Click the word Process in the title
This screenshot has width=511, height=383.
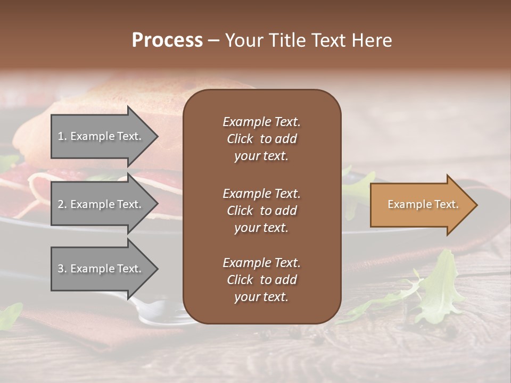[167, 40]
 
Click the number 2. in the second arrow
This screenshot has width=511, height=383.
[62, 204]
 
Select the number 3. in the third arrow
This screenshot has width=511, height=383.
[62, 269]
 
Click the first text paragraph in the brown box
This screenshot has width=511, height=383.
[261, 139]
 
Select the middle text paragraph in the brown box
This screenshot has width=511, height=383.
[261, 211]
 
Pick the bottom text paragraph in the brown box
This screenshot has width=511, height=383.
[261, 280]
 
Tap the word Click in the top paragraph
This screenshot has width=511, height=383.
[240, 139]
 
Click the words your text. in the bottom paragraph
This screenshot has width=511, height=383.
[261, 297]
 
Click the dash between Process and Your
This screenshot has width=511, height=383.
[213, 41]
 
